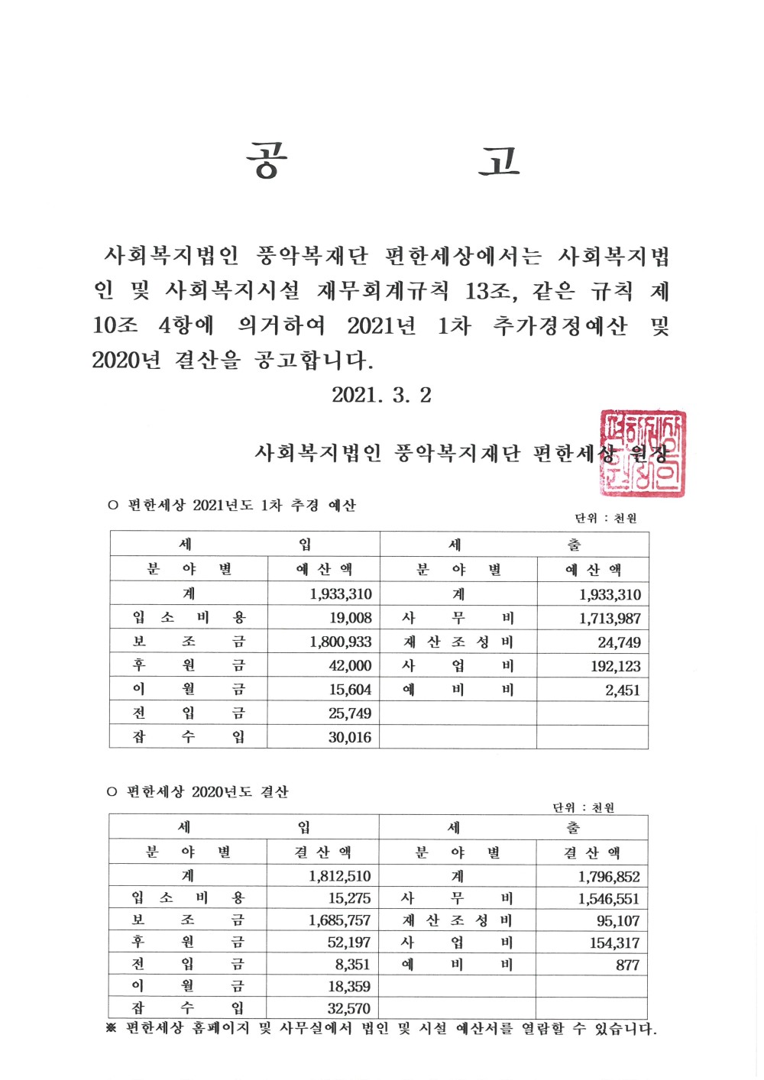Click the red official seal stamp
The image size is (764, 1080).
tap(643, 453)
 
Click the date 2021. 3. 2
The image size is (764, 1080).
tap(381, 395)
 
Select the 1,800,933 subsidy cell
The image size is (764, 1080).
tap(341, 642)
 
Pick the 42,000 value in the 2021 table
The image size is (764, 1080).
tap(350, 665)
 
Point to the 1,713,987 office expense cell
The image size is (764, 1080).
tap(610, 619)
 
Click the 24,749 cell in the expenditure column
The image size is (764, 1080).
tap(619, 642)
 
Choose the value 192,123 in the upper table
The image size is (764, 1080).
tap(615, 666)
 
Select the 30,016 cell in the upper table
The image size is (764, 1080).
tap(350, 737)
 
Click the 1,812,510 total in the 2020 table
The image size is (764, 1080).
tap(340, 876)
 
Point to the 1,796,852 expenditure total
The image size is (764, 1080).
tap(609, 877)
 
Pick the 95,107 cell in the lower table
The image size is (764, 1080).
tap(618, 921)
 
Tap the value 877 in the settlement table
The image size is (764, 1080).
tap(627, 965)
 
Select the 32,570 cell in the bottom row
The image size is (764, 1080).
tap(349, 1008)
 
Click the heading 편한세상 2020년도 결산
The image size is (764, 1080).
tap(207, 792)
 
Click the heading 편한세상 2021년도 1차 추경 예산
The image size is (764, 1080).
tap(241, 505)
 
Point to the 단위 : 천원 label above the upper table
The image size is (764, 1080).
tap(606, 518)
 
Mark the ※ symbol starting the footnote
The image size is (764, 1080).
tap(112, 1029)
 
